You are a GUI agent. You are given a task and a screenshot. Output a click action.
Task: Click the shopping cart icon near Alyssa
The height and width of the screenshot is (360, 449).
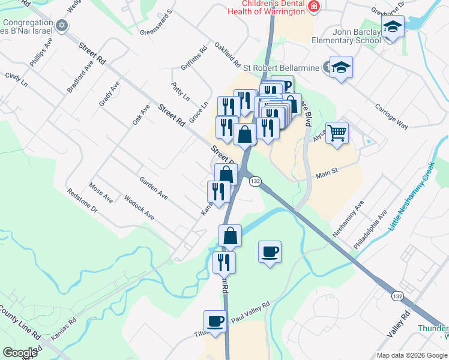click(x=337, y=132)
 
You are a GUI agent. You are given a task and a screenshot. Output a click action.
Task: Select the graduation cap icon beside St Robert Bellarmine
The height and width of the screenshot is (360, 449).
click(x=341, y=67)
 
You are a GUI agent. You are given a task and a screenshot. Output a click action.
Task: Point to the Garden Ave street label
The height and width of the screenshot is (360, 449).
click(x=153, y=188)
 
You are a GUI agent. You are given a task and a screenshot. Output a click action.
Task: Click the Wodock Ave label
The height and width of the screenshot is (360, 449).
click(x=139, y=207)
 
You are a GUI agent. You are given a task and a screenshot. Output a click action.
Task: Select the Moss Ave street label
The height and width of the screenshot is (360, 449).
click(x=101, y=193)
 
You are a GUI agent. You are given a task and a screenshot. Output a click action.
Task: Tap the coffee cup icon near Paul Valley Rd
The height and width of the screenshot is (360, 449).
click(x=215, y=321)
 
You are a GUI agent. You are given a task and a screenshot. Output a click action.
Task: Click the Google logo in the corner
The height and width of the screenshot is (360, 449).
click(x=20, y=352)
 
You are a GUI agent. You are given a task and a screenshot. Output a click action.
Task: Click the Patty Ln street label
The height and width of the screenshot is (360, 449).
click(x=181, y=92)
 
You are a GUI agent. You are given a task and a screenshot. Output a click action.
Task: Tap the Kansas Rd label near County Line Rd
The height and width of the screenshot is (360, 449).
click(x=64, y=330)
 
